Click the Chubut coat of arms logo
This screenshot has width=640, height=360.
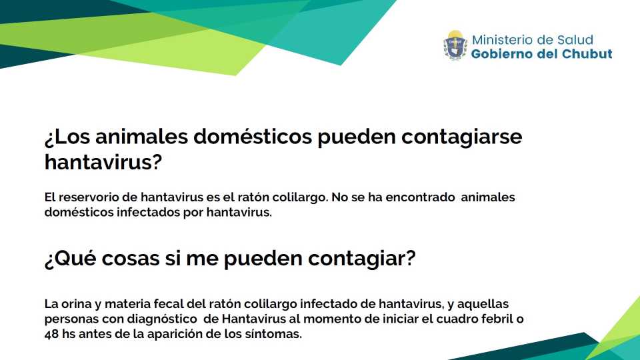click(455, 45)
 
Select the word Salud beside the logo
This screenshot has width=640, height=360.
click(575, 39)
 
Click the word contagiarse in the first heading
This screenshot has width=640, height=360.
click(461, 137)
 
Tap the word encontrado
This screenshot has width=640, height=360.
click(420, 197)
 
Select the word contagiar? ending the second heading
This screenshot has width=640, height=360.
click(361, 259)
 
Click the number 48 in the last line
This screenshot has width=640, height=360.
click(51, 334)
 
